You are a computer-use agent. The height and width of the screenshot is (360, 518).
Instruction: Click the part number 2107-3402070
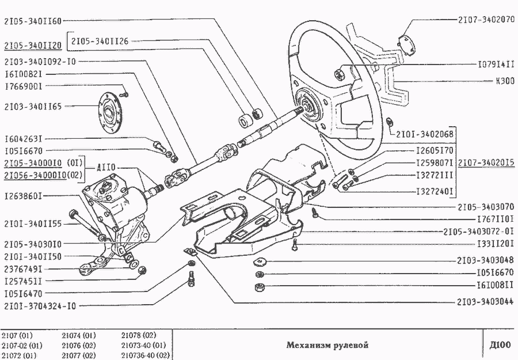tap(486, 19)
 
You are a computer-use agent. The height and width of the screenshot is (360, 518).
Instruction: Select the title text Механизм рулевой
tap(327, 345)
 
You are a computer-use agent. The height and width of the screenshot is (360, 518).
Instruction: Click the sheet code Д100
tap(499, 345)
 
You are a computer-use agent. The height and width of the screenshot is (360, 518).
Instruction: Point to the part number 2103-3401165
tap(32, 106)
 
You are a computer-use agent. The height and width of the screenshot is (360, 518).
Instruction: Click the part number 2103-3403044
tap(486, 301)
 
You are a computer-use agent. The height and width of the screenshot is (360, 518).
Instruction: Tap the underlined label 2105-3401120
tap(32, 45)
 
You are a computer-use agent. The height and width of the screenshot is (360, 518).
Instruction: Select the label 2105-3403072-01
tap(478, 232)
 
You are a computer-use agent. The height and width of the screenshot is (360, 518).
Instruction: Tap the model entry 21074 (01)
tap(78, 335)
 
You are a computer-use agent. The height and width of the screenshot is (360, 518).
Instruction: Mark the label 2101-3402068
tap(425, 134)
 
